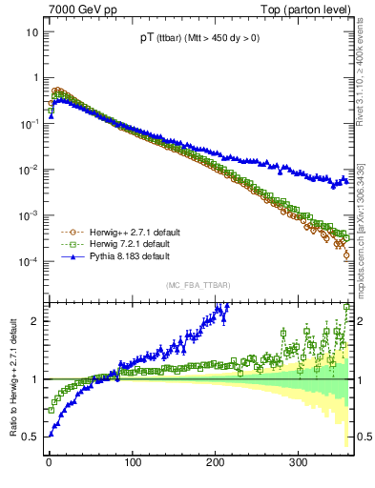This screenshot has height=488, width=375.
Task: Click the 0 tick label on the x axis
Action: point(49,462)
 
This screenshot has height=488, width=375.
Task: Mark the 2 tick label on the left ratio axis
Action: point(36,321)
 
